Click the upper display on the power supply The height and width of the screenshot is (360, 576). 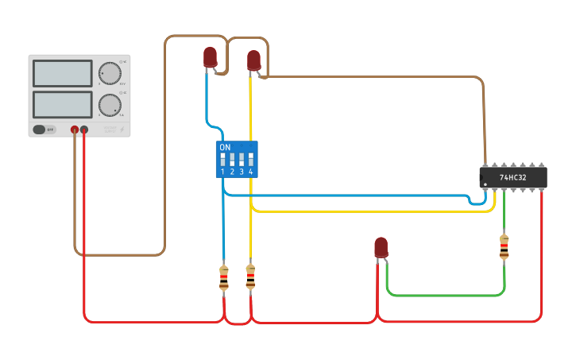tap(62, 73)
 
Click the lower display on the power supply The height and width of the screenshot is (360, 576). tap(62, 104)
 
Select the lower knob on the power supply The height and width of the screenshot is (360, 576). tap(109, 105)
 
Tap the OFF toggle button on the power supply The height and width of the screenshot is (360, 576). tap(44, 129)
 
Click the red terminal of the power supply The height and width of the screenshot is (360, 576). tap(75, 129)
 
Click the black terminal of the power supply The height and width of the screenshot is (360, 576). tap(84, 129)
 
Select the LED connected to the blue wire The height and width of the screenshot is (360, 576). tap(210, 56)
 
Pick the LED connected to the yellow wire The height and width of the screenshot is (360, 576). tap(253, 60)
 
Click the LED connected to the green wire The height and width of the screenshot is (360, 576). tap(381, 246)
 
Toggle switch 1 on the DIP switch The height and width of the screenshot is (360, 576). tap(222, 159)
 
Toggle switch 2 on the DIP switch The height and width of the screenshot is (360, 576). tap(232, 159)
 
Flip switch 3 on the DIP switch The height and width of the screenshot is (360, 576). tap(242, 159)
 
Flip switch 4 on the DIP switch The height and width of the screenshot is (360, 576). tap(251, 159)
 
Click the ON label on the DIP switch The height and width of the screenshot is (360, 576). tap(225, 148)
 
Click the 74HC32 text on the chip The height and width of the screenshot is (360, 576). tap(512, 177)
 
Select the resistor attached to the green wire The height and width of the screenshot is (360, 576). tap(504, 247)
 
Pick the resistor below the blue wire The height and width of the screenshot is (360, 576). tap(223, 278)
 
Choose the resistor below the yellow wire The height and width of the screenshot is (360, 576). tap(250, 277)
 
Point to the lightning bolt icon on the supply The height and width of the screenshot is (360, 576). tap(122, 129)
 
